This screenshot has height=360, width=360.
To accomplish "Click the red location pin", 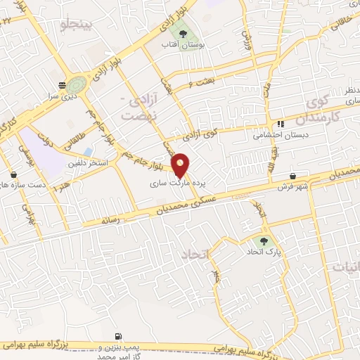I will coord(181,165).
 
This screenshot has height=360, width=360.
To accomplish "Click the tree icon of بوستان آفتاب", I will coord(183,33).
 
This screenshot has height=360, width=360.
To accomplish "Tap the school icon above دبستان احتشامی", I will coord(281,122).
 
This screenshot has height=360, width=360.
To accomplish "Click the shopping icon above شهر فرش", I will coord(292,176).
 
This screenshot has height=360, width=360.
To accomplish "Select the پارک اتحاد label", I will coord(263,251).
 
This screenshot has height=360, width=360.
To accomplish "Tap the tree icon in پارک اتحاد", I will coord(264,240).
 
